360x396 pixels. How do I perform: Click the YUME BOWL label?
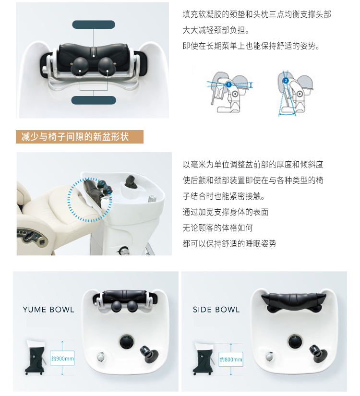click(x=48, y=310)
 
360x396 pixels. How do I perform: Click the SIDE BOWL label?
click(x=216, y=310)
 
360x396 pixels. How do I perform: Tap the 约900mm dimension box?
click(x=62, y=358)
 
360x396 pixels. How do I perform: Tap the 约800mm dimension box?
click(x=231, y=359)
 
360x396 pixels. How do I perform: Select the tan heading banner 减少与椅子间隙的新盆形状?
click(x=80, y=137)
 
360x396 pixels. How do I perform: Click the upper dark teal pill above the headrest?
click(x=94, y=24)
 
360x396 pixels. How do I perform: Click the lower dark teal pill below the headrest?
click(x=94, y=100)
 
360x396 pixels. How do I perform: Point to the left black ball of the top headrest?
click(x=80, y=66)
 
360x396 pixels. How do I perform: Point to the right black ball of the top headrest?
click(x=107, y=66)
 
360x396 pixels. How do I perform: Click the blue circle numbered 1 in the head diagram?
click(x=228, y=84)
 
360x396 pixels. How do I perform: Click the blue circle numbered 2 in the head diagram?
click(x=286, y=81)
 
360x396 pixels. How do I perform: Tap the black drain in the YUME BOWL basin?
click(x=127, y=342)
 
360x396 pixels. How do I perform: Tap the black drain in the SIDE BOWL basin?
click(x=295, y=341)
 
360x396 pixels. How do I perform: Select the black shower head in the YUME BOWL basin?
click(x=149, y=354)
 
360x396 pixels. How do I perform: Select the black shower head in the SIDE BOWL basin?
click(x=318, y=353)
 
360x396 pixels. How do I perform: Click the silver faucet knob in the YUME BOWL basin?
click(x=100, y=357)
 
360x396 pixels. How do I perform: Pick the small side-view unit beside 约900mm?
click(x=36, y=357)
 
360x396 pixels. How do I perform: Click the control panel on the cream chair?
click(x=32, y=237)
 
